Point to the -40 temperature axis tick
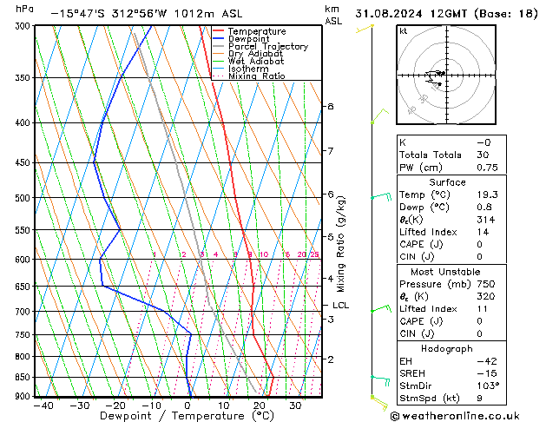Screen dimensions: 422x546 pyautogui.click(x=43, y=405)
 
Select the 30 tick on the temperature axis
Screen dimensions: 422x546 pyautogui.click(x=295, y=405)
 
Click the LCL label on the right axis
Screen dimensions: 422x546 pyautogui.click(x=340, y=306)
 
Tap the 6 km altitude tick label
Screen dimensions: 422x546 pyautogui.click(x=331, y=195)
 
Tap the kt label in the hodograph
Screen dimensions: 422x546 pyautogui.click(x=403, y=31)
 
